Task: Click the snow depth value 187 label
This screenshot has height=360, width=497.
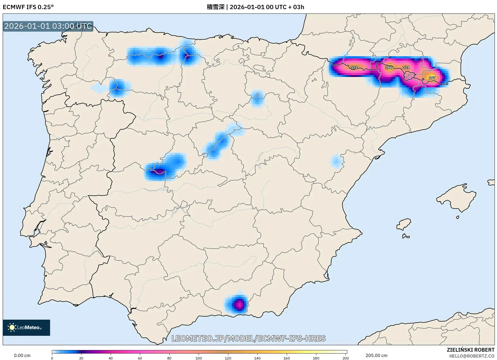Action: point(432,78)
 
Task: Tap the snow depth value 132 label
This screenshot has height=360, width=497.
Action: point(354,68)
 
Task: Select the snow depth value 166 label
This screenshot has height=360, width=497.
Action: point(389,67)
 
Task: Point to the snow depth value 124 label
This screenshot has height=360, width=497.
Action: point(406,68)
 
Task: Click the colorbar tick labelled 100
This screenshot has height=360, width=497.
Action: point(198,358)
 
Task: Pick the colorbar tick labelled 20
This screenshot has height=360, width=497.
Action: point(81,358)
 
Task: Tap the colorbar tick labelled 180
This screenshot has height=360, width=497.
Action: point(316,358)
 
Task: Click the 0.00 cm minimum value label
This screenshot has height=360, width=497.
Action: point(22,355)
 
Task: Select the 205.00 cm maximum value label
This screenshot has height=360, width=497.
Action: point(376,355)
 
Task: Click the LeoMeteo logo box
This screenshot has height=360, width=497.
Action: point(26,327)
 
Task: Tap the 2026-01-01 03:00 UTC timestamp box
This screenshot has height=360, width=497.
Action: point(48,26)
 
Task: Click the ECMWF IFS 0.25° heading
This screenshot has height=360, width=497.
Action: point(28,7)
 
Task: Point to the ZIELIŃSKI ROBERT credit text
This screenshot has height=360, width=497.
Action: point(470,350)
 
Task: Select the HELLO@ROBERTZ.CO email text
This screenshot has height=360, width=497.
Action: point(472,356)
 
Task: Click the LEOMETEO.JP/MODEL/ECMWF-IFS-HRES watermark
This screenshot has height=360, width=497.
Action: point(248,338)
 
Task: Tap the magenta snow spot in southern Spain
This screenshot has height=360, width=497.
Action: point(239,305)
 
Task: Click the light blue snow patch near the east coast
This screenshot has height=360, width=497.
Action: point(336,161)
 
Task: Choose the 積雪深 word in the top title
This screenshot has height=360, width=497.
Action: point(215,7)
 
